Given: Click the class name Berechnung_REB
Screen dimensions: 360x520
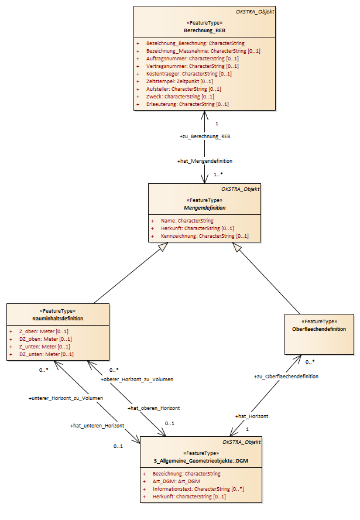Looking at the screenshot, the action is (204, 30).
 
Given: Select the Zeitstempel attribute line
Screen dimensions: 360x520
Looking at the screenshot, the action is (179, 81).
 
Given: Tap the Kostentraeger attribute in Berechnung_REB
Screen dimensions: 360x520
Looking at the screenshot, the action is (188, 74).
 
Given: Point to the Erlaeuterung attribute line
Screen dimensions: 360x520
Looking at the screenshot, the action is (187, 104).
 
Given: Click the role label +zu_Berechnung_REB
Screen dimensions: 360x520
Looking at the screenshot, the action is (205, 136).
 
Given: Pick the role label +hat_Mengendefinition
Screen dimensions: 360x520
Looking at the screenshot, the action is (205, 161).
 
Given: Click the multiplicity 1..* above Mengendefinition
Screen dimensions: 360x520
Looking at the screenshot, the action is (218, 174).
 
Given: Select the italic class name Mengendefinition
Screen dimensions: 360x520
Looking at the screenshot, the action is (204, 208).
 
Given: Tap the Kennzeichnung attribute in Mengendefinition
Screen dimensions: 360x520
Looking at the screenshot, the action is (204, 236).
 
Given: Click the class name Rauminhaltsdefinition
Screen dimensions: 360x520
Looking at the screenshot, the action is (58, 319).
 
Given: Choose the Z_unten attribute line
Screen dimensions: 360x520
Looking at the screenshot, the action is (44, 347).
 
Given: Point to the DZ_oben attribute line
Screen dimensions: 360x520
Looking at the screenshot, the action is (46, 339).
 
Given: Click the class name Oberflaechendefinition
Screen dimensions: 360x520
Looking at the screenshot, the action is (319, 329).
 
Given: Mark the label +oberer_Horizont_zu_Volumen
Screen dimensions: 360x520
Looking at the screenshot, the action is (137, 379).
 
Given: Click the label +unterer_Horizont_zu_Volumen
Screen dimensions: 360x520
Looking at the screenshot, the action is (66, 398).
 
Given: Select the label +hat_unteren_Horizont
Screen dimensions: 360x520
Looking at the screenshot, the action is (97, 426).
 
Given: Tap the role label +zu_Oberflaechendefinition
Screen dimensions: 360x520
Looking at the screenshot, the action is (286, 377).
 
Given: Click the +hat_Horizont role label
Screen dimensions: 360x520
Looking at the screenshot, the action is (252, 416).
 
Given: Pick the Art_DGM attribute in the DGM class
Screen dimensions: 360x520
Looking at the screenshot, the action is (176, 481).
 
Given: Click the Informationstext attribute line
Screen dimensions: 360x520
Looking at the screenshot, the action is (198, 489).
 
